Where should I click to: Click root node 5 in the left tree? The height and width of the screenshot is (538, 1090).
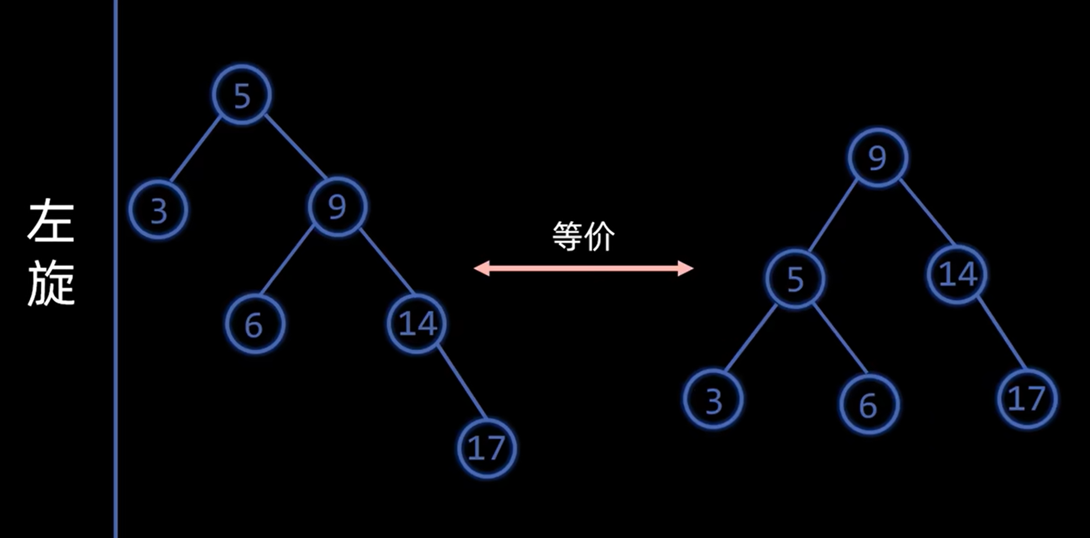point(242,95)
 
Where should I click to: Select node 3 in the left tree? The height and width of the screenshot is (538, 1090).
point(158,210)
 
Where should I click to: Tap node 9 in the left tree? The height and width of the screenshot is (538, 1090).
point(337,206)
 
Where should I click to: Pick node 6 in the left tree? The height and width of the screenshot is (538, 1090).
point(255,325)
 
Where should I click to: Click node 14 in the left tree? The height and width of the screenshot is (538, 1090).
point(417,323)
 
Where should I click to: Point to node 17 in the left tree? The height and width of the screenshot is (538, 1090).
point(486,448)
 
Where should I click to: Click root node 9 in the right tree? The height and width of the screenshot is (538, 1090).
point(877,158)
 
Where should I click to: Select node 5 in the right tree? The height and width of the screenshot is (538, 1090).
point(795,278)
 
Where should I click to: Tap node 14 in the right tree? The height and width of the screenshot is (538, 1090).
point(957,274)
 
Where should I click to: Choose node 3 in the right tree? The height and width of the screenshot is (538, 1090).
point(713,400)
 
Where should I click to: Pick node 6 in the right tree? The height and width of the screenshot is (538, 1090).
point(868,404)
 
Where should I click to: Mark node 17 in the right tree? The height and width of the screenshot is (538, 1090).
point(1026,399)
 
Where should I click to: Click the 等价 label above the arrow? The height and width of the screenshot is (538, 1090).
point(583,237)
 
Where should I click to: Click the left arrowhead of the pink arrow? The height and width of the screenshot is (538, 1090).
point(481,268)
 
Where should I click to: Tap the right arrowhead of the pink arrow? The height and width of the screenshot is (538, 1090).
point(686,268)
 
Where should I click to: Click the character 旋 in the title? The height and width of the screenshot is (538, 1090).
point(51,283)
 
